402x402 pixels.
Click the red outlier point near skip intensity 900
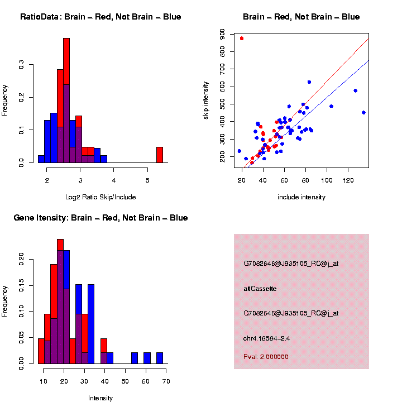pyautogui.click(x=242, y=39)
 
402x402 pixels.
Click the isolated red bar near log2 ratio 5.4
pyautogui.click(x=160, y=155)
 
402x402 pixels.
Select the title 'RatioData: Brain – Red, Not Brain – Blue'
pyautogui.click(x=100, y=17)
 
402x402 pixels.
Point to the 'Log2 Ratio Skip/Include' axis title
pyautogui.click(x=100, y=197)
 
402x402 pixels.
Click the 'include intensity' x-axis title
pyautogui.click(x=301, y=197)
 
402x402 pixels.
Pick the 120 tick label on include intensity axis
pyautogui.click(x=348, y=180)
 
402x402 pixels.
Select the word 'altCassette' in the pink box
pyautogui.click(x=260, y=289)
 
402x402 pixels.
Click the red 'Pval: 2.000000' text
pyautogui.click(x=266, y=357)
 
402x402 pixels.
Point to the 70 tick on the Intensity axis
pyautogui.click(x=166, y=381)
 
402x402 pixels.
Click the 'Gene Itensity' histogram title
pyautogui.click(x=100, y=218)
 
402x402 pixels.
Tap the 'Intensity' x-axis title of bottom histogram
pyautogui.click(x=100, y=398)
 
